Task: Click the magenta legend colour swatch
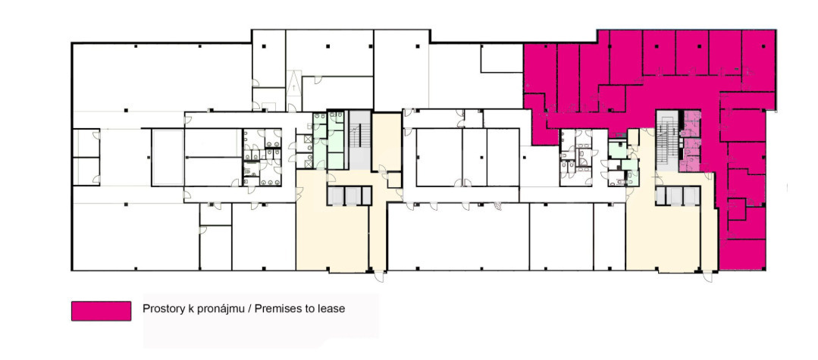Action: (101, 311)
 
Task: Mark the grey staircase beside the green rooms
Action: (359, 139)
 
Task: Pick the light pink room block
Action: (690, 141)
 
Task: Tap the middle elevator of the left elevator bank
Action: (353, 196)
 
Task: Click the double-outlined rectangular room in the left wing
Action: (168, 158)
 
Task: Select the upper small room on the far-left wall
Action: (86, 143)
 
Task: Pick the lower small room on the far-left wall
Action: (86, 171)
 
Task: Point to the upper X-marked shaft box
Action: (309, 139)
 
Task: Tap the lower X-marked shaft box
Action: (309, 164)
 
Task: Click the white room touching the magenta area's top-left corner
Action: (501, 58)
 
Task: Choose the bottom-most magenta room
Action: (742, 255)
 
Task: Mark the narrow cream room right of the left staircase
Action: (386, 142)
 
